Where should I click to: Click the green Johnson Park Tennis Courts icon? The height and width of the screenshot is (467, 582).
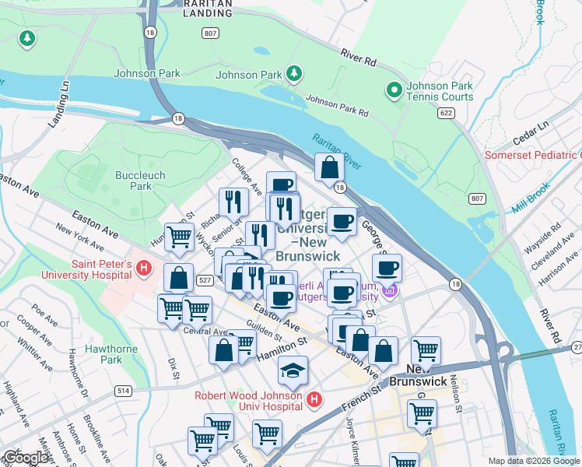pos(394,91)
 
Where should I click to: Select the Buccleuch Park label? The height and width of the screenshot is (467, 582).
pos(140,181)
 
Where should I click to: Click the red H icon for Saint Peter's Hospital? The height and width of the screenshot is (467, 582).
pos(143,269)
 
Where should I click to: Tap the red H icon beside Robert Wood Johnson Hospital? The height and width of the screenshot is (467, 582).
pos(314,400)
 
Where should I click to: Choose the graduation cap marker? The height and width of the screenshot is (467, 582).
pos(293,370)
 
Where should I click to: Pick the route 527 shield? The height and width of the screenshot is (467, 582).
pos(203,279)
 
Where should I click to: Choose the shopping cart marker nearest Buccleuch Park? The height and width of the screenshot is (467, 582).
pos(179,237)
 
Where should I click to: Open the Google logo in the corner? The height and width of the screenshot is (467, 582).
pos(26,458)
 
